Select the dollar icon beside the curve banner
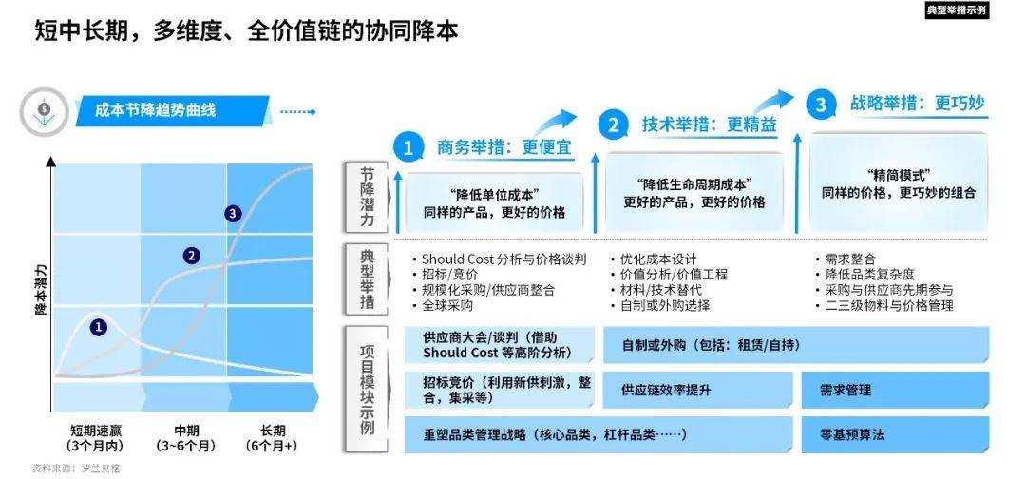point(45,111)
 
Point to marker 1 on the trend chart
point(100,326)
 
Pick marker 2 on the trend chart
point(192,255)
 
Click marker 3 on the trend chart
point(233,214)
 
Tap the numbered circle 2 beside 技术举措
point(614,125)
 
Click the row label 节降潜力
point(367,197)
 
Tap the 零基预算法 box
point(851,434)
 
